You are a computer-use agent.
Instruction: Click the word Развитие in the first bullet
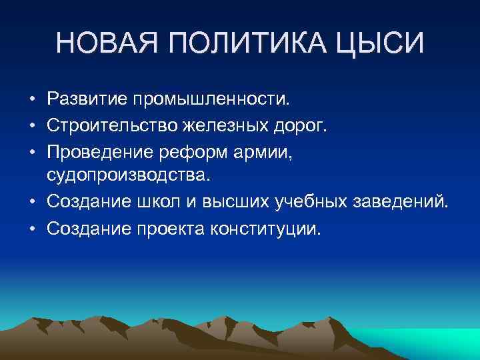pyautogui.click(x=86, y=100)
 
